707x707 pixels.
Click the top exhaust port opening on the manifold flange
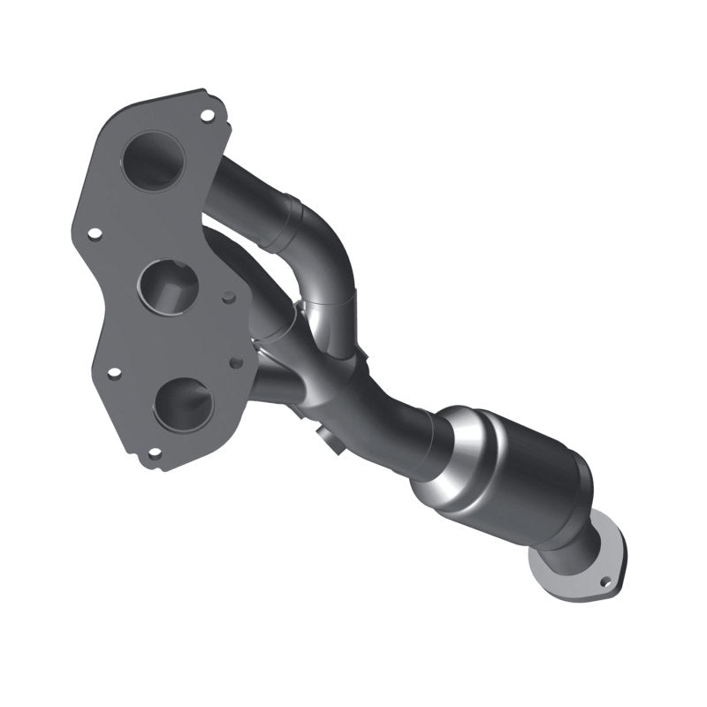(153, 161)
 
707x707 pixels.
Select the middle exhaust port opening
(169, 285)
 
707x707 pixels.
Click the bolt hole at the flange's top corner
(207, 115)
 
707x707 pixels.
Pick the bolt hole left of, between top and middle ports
(94, 233)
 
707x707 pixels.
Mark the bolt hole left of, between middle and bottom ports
(114, 372)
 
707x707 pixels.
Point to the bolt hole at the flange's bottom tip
(155, 453)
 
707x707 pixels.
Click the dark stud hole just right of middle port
(229, 299)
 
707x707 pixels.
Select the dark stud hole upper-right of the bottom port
(235, 362)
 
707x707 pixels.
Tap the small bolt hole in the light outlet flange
(605, 582)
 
